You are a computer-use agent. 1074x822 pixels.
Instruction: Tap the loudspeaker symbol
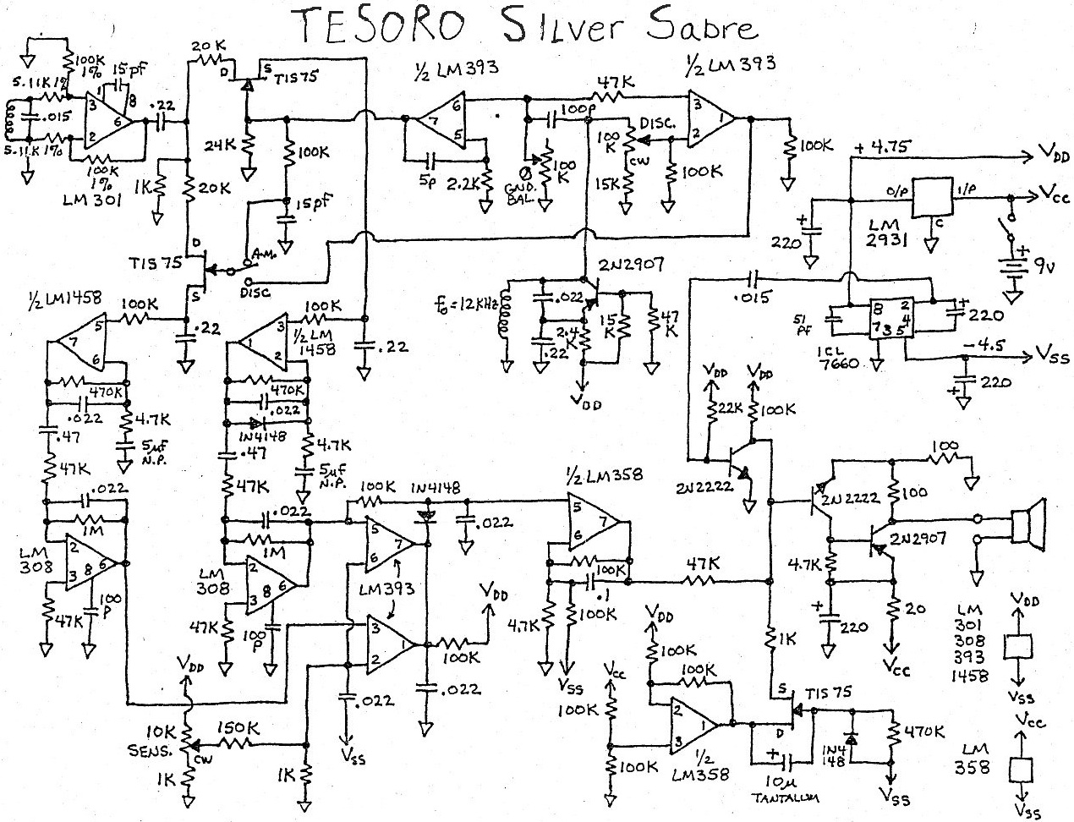(1027, 522)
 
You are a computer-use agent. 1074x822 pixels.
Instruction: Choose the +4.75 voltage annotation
(880, 146)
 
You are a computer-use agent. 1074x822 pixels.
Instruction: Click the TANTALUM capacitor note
(781, 796)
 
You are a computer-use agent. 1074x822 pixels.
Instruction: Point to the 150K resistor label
(236, 727)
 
